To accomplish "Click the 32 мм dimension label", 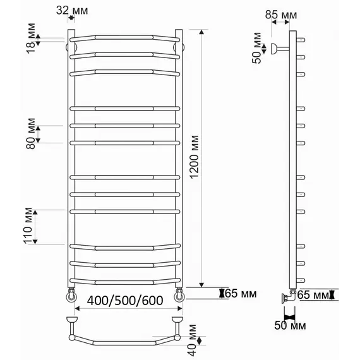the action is tap(72, 10).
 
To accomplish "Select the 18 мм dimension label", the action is tap(31, 39).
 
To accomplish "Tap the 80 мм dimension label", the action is tap(31, 134).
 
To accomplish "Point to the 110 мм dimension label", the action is tap(28, 226).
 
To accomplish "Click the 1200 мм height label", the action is tap(195, 157).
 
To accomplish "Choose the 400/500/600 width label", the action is tap(125, 300).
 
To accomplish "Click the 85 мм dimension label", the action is tap(281, 15).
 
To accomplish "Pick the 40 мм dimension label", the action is tap(193, 340).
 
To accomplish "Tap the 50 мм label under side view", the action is tap(290, 325).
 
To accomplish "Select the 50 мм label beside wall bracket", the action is tap(257, 48).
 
